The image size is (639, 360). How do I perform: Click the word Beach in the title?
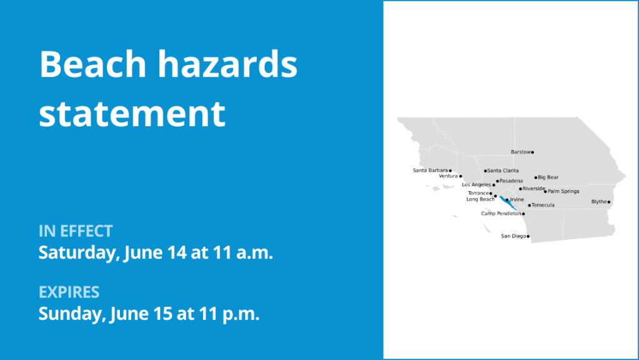pyautogui.click(x=93, y=64)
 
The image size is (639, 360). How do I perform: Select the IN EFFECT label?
pyautogui.click(x=76, y=231)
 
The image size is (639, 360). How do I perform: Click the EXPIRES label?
pyautogui.click(x=69, y=292)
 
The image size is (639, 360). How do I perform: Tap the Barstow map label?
pyautogui.click(x=520, y=152)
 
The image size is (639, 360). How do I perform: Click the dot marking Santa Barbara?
pyautogui.click(x=450, y=171)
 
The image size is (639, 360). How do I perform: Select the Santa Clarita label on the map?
pyautogui.click(x=503, y=171)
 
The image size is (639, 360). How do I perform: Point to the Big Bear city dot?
pyautogui.click(x=536, y=177)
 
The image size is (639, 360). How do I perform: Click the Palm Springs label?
pyautogui.click(x=563, y=191)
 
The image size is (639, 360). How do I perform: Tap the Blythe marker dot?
pyautogui.click(x=609, y=202)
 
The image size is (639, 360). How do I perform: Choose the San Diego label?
pyautogui.click(x=513, y=236)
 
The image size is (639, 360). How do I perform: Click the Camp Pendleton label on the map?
pyautogui.click(x=501, y=214)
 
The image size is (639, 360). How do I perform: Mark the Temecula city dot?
pyautogui.click(x=529, y=206)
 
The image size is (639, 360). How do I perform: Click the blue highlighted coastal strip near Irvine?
pyautogui.click(x=508, y=203)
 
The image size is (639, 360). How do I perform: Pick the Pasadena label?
pyautogui.click(x=511, y=181)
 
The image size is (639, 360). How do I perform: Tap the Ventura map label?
pyautogui.click(x=448, y=176)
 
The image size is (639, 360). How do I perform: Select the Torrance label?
pyautogui.click(x=478, y=193)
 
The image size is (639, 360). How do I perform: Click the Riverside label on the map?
pyautogui.click(x=534, y=189)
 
